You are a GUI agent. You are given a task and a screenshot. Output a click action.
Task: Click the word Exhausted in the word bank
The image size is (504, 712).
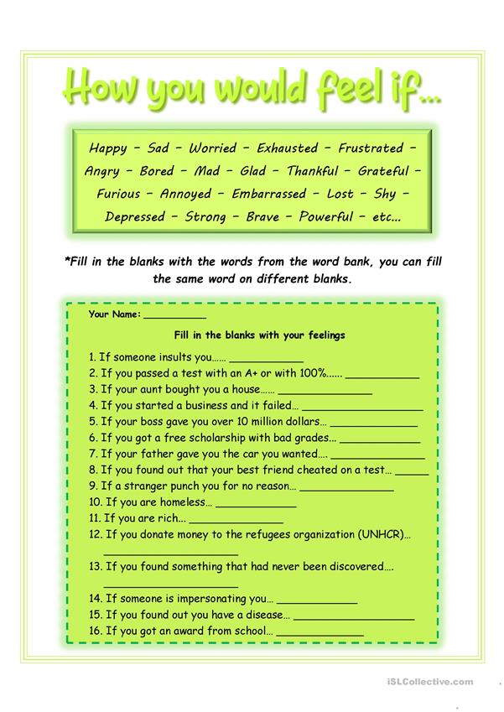coord(287,148)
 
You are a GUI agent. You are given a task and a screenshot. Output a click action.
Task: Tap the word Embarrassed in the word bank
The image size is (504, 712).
coord(269,194)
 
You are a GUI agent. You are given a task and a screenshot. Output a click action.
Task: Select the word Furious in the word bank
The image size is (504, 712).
coord(118,194)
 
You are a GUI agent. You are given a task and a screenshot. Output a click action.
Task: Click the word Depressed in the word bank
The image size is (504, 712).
coord(134,216)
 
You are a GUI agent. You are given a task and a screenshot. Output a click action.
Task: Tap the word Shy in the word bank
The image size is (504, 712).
coord(385,194)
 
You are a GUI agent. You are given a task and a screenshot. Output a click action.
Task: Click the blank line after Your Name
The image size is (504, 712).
coord(174,318)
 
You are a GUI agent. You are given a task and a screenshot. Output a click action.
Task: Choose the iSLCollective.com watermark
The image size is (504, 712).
coord(429,682)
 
